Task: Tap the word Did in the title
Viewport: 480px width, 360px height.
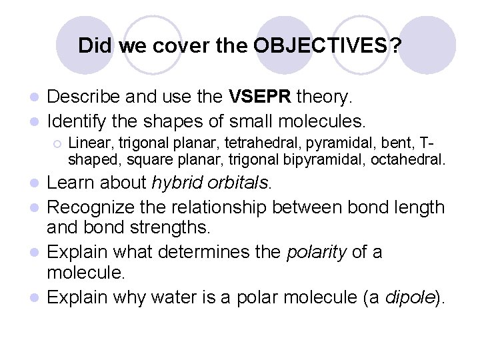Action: [x=92, y=46]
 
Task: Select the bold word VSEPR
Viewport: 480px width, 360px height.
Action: [x=260, y=97]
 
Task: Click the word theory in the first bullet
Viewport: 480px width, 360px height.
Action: [x=323, y=97]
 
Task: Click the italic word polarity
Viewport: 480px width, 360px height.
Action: [x=312, y=252]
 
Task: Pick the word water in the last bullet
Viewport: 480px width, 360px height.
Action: [x=174, y=297]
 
